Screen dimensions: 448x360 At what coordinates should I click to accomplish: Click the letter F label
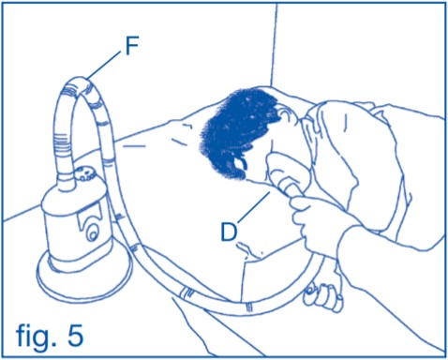point(132,47)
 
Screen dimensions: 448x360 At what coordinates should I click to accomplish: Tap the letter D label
point(229,232)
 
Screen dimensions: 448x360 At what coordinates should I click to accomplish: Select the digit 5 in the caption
point(76,336)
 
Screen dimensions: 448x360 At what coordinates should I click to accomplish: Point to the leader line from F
point(104,65)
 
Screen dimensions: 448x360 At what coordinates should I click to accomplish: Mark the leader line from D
point(254,208)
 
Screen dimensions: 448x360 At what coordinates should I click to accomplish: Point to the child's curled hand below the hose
point(323,297)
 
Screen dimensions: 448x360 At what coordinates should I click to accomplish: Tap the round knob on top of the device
point(85,174)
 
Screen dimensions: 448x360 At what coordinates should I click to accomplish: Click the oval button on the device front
point(92,233)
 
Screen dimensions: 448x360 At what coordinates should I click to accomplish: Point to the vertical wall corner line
point(274,45)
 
